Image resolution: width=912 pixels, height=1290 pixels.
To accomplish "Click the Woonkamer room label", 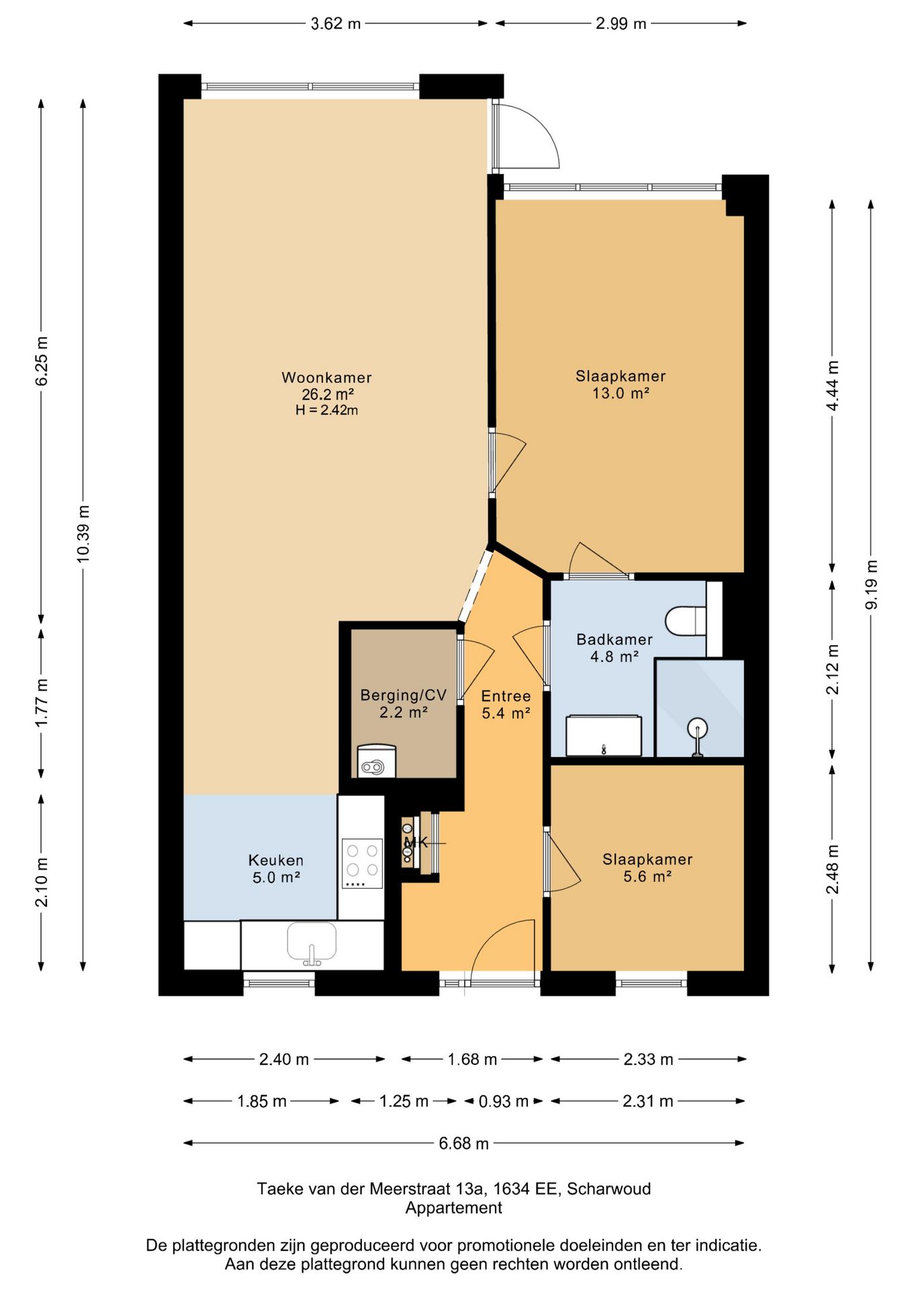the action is [x=326, y=378].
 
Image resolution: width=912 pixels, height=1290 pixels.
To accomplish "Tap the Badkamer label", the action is [x=614, y=640].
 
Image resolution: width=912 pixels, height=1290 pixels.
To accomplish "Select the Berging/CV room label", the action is [x=404, y=695].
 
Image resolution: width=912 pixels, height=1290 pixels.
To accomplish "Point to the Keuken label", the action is [x=276, y=860].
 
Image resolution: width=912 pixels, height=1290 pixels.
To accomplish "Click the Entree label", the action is [x=506, y=696].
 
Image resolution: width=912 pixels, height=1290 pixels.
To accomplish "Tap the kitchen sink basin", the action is [x=312, y=941].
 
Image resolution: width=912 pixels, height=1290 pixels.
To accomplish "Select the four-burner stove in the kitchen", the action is [x=362, y=863].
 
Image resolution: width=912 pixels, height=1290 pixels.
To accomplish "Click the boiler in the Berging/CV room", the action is [x=377, y=761].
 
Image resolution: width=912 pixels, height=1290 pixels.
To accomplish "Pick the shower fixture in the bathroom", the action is [x=698, y=738].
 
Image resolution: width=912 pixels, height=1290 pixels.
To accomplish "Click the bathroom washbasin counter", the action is [x=604, y=736].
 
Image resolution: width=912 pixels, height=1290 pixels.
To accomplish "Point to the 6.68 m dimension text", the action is [x=464, y=1143].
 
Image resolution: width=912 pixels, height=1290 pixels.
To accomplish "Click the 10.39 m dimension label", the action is [x=83, y=533].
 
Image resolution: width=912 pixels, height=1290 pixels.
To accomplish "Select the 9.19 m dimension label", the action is [x=871, y=585].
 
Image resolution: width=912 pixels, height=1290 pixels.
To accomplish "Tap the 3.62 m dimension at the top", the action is [x=336, y=24].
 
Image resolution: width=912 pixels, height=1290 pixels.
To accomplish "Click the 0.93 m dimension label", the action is [x=504, y=1101].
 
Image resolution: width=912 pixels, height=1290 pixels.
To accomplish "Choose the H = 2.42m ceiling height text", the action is [x=326, y=410].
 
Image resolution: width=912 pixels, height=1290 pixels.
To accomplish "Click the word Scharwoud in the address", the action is [x=609, y=1189].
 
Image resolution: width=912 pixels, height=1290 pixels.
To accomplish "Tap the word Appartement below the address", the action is [x=454, y=1207].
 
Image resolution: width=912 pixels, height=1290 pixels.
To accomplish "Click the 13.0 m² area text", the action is [x=621, y=393].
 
